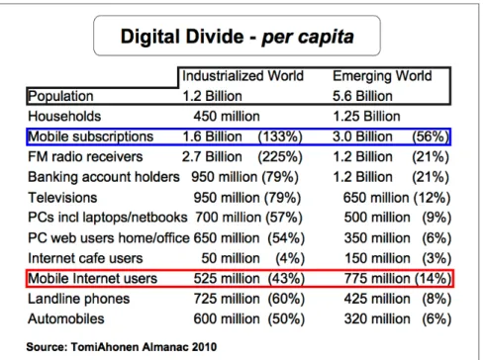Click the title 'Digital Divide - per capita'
pos(238,36)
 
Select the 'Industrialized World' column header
pos(242,76)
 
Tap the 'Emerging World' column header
pos(382,76)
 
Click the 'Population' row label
pos(60,96)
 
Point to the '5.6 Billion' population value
pos(362,96)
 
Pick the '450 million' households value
pos(227,117)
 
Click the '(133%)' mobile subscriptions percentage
pos(280,136)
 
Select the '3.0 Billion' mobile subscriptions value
pos(362,136)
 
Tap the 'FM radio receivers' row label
pos(85,157)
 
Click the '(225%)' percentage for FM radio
pos(280,157)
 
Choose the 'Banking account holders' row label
pos(104,177)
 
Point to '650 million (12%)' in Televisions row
pos(397,198)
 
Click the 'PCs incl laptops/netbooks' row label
pos(108,218)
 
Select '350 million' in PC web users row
pos(377,238)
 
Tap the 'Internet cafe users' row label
pos(85,258)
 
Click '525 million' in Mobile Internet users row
pos(227,279)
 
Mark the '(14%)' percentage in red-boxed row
pos(433,279)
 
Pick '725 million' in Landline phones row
pos(227,299)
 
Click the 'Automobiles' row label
pos(66,319)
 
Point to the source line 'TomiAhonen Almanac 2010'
pos(144,347)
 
